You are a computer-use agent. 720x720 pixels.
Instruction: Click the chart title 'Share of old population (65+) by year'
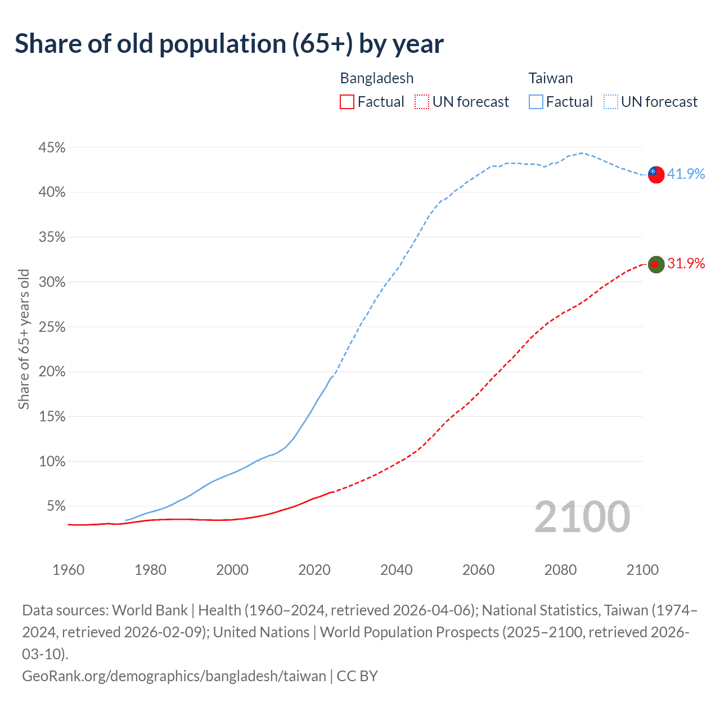(x=229, y=44)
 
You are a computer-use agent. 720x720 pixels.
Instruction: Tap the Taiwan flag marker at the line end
(x=656, y=174)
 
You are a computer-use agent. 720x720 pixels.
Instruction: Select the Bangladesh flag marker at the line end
(x=656, y=264)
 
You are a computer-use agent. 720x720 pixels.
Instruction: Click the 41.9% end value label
(x=686, y=174)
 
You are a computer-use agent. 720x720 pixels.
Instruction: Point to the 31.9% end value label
(x=686, y=263)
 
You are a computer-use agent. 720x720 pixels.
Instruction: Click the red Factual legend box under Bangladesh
(x=347, y=102)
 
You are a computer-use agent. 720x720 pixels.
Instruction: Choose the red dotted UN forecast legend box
(x=422, y=102)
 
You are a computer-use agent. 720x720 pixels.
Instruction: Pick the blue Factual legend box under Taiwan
(x=536, y=102)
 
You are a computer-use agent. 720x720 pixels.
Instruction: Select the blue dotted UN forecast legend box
(x=611, y=102)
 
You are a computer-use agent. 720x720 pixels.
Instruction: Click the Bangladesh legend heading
(x=376, y=78)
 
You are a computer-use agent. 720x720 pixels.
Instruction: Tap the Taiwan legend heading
(x=550, y=78)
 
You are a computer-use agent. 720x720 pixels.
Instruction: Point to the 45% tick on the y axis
(x=52, y=148)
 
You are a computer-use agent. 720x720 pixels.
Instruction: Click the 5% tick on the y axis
(x=55, y=506)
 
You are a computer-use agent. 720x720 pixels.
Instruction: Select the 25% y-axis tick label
(x=52, y=327)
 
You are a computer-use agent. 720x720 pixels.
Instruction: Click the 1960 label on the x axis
(x=68, y=570)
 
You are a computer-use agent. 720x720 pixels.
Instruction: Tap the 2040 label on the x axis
(x=397, y=570)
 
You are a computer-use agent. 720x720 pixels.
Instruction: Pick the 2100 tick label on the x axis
(x=642, y=570)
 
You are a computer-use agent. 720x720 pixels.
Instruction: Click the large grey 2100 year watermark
(x=582, y=517)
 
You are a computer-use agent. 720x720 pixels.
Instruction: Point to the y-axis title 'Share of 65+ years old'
(x=24, y=339)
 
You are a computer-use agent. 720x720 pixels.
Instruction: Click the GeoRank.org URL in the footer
(x=174, y=676)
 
